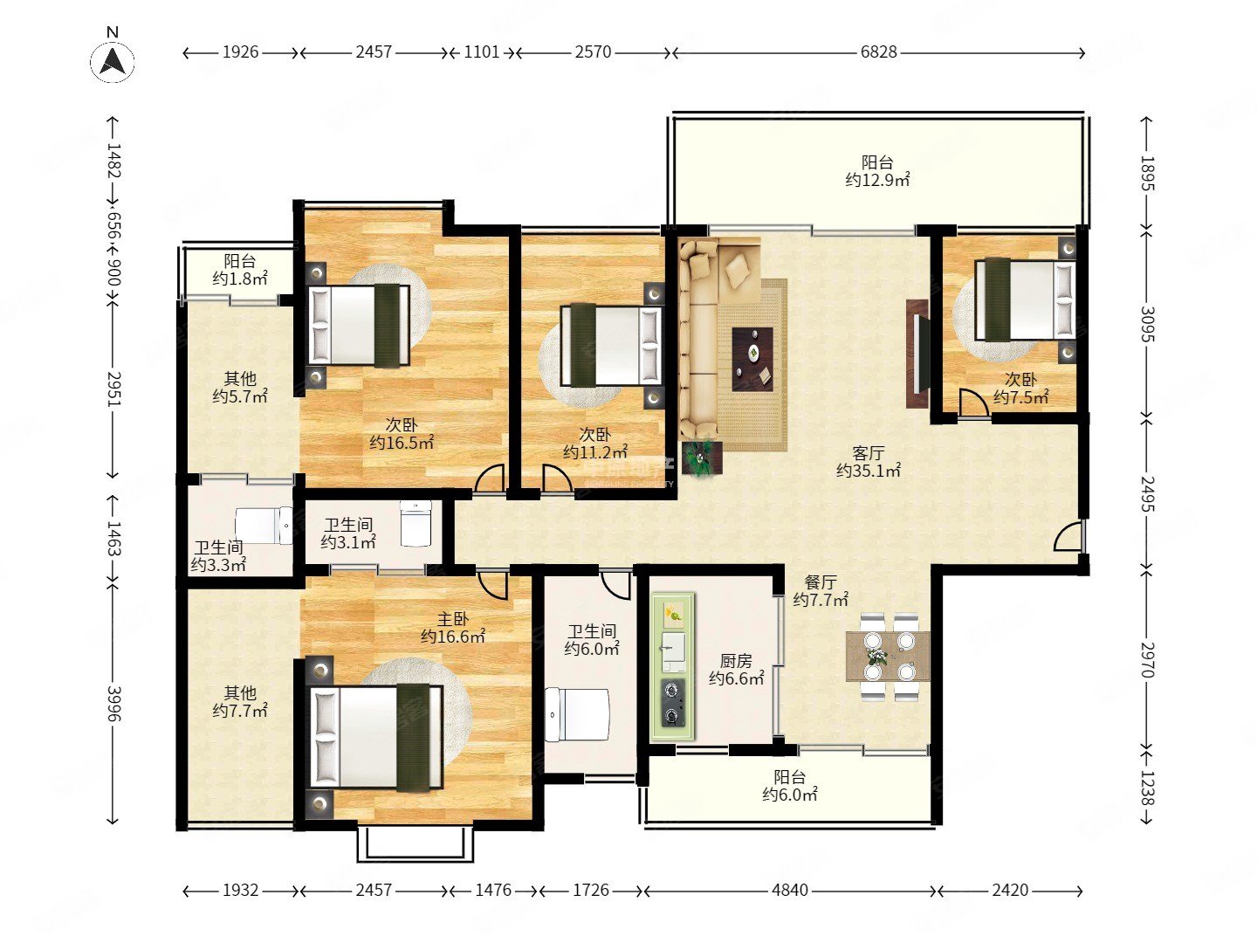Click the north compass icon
point(113,60)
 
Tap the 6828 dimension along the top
point(878,52)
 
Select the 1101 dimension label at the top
point(482,52)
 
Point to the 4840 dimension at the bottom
point(790,891)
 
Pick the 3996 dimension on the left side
point(113,704)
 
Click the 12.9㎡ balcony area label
point(877,180)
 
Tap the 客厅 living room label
point(869,453)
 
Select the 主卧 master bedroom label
point(453,619)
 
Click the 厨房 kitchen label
point(736,661)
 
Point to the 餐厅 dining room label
point(821,582)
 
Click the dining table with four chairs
point(889,656)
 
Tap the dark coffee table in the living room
point(752,359)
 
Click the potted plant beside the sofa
point(701,457)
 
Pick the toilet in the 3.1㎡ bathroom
point(416,523)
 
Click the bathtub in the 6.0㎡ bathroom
point(577,715)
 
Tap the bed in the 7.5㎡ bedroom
point(1025,299)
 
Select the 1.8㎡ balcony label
point(240,270)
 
